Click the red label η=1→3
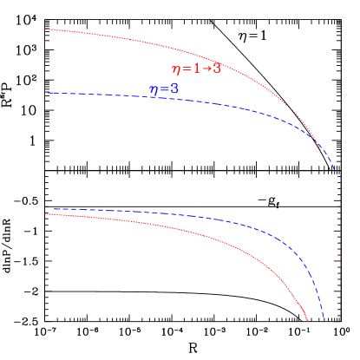[x=195, y=69]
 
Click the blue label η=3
[x=164, y=90]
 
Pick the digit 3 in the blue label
[x=174, y=89]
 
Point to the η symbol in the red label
[x=176, y=70]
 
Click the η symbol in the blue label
[x=154, y=92]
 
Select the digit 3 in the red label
[x=216, y=69]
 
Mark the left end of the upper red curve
[x=46, y=29]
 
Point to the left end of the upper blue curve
[x=49, y=92]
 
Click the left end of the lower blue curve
[x=54, y=209]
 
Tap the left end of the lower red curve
[x=46, y=213]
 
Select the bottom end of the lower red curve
[x=308, y=321]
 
